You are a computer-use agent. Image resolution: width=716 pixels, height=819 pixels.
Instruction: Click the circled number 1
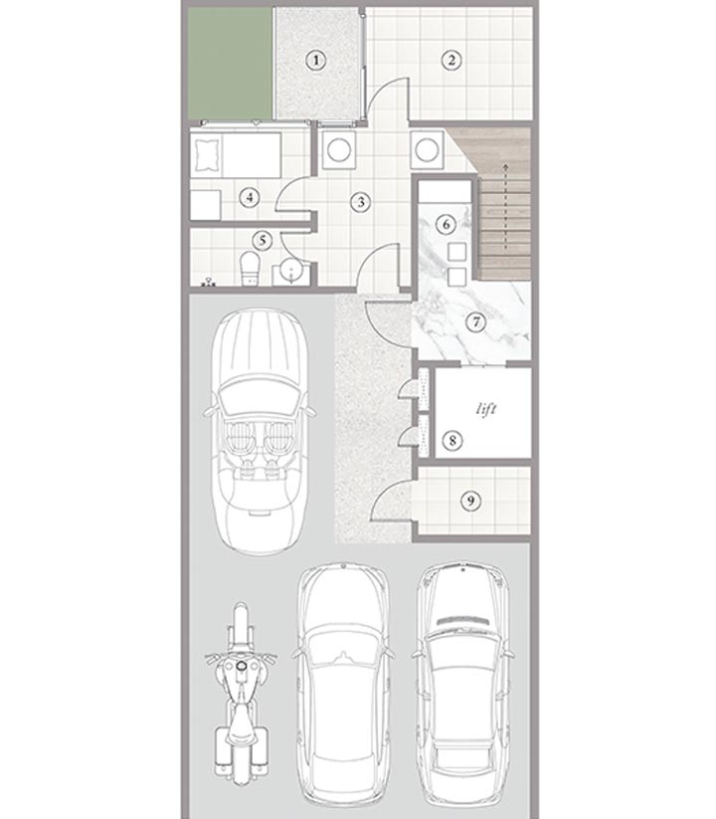click(x=315, y=61)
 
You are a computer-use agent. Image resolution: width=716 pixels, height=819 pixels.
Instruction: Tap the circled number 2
click(x=451, y=60)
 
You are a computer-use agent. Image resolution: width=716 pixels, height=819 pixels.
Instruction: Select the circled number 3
click(x=360, y=202)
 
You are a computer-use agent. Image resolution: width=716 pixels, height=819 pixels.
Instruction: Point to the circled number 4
click(x=250, y=197)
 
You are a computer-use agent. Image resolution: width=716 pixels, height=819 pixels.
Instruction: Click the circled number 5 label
click(x=262, y=240)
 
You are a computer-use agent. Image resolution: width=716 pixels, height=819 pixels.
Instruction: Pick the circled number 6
click(x=446, y=224)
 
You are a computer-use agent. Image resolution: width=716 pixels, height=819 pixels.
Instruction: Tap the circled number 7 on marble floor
click(x=475, y=321)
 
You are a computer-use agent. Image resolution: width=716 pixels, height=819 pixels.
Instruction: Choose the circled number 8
click(x=451, y=440)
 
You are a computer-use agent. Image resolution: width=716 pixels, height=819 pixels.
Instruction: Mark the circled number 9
click(x=470, y=501)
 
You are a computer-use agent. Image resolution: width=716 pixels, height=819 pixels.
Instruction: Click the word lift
click(x=486, y=409)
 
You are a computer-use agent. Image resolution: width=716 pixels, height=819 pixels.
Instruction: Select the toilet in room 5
click(x=250, y=269)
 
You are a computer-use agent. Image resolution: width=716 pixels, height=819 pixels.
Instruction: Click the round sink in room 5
click(x=290, y=272)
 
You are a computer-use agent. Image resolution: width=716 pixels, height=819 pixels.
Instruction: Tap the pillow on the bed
click(x=207, y=155)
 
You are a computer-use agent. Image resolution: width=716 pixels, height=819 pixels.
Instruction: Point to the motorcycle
click(x=241, y=694)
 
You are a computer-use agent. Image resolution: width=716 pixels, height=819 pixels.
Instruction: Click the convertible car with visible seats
click(x=260, y=432)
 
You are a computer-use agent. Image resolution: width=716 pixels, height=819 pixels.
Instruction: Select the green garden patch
click(x=230, y=64)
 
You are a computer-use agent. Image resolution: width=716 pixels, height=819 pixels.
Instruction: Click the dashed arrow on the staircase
click(x=505, y=206)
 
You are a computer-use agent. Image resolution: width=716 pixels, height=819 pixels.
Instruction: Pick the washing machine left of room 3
click(x=339, y=150)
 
